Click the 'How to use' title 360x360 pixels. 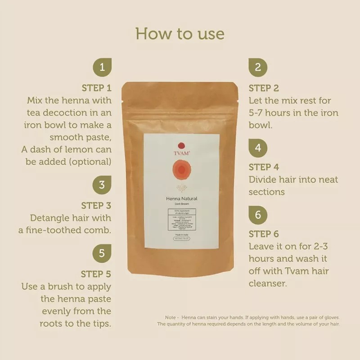(180, 34)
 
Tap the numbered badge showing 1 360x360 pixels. (102, 67)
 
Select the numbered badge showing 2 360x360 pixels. (258, 67)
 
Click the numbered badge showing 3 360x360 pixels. (102, 185)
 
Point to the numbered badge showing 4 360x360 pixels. (258, 147)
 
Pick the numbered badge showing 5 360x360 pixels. (102, 253)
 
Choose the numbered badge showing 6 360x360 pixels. (258, 215)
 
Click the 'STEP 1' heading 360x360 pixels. (96, 88)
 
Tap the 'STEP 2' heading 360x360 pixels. (264, 88)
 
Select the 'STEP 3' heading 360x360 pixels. (96, 206)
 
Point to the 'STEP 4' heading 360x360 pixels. (264, 167)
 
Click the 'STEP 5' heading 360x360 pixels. (96, 274)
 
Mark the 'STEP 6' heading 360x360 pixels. (264, 234)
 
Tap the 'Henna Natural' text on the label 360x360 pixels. (182, 198)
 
